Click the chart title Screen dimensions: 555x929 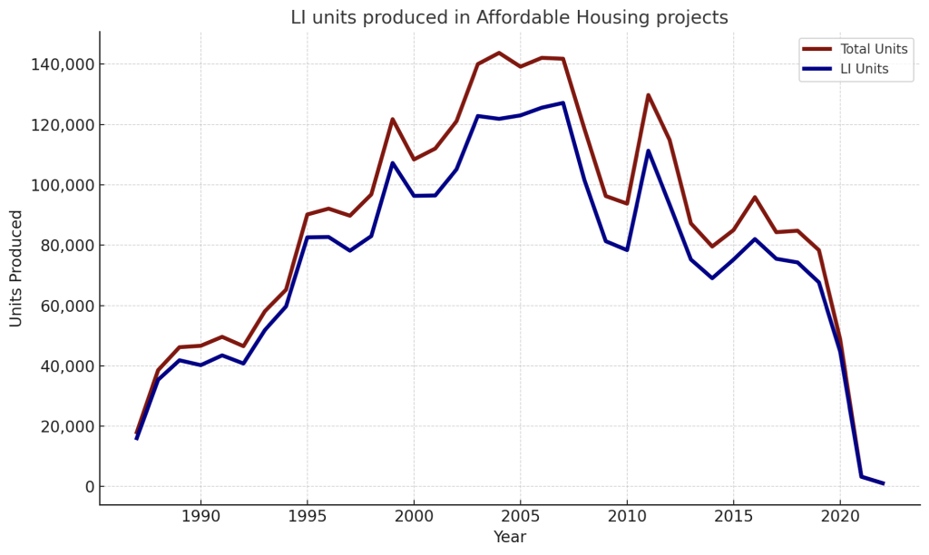point(509,18)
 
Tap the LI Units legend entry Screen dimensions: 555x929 point(864,69)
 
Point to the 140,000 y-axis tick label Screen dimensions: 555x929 point(63,64)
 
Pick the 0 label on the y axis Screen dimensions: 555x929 point(89,487)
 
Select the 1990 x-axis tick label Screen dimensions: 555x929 point(200,516)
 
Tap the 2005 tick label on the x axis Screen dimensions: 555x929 point(520,516)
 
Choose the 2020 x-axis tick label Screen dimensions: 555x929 point(839,516)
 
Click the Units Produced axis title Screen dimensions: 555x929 point(17,268)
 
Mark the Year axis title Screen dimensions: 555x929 point(509,537)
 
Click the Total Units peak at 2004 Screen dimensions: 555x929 point(499,53)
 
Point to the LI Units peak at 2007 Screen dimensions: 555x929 point(562,102)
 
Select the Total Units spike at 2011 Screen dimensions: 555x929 point(648,95)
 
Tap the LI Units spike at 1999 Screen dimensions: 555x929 point(392,163)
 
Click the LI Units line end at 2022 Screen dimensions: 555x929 point(883,483)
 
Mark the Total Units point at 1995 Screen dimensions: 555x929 point(308,215)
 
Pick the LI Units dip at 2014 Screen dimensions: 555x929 point(712,278)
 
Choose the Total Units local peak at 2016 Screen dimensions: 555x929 point(755,198)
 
